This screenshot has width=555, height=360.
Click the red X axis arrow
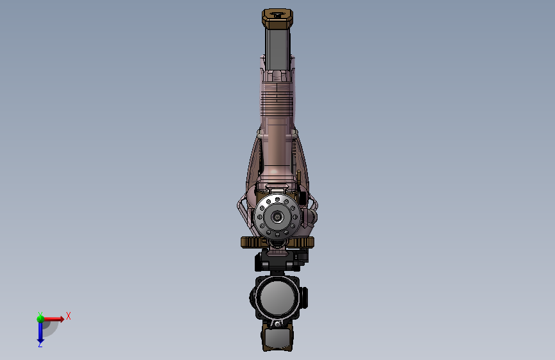pyautogui.click(x=53, y=319)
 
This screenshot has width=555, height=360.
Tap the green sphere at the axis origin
pyautogui.click(x=40, y=319)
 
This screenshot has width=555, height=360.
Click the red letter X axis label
pyautogui.click(x=68, y=316)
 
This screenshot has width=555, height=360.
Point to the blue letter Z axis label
pyautogui.click(x=40, y=345)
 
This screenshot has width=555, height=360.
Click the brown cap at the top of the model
pyautogui.click(x=278, y=19)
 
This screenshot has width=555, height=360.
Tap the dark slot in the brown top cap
pyautogui.click(x=278, y=15)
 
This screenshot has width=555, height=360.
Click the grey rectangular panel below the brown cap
pyautogui.click(x=278, y=49)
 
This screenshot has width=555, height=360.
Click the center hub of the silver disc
pyautogui.click(x=277, y=217)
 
